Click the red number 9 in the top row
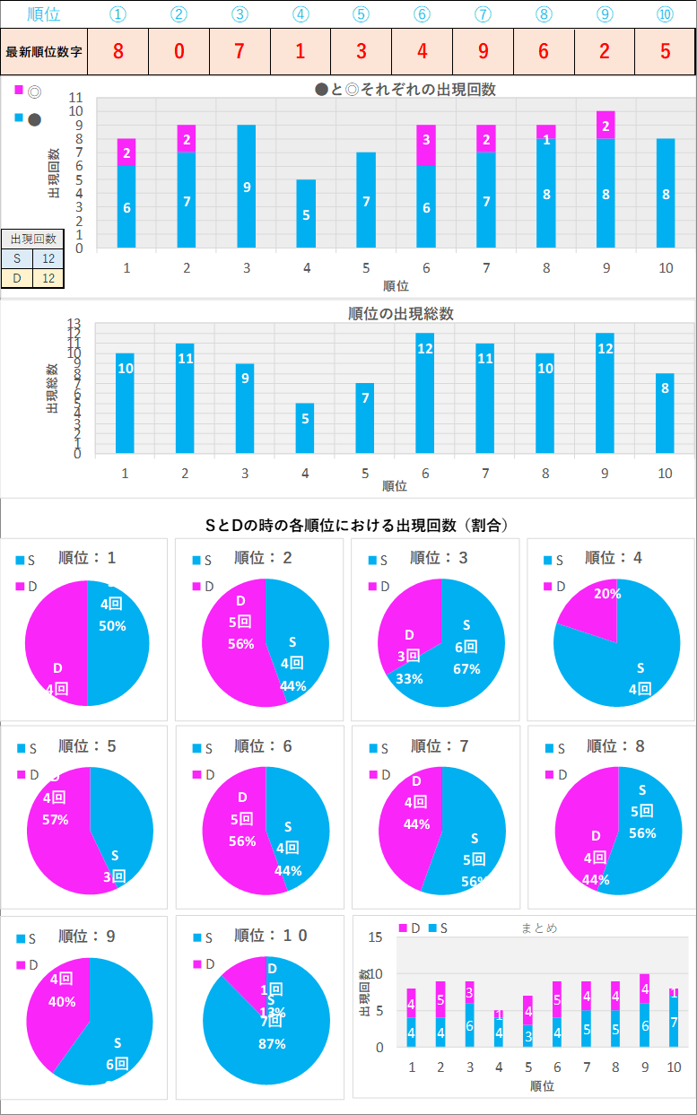[483, 51]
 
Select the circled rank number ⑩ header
[665, 13]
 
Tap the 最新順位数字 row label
[44, 52]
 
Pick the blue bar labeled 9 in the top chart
[246, 186]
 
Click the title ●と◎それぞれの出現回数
[405, 89]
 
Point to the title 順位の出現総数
[401, 313]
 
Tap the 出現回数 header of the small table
[32, 239]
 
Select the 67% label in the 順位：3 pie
[466, 668]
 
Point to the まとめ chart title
[539, 928]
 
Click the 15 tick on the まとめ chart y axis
[376, 937]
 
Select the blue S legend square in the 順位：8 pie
[547, 748]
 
